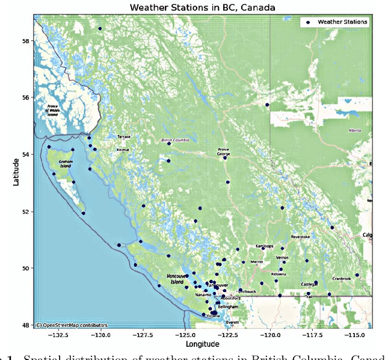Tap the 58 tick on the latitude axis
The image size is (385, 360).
pos(27,40)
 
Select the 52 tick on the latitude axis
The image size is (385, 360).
pos(27,211)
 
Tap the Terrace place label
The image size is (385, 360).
pos(124,137)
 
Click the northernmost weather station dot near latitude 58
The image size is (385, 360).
pos(100,28)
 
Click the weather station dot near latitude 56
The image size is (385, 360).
pos(267,105)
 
